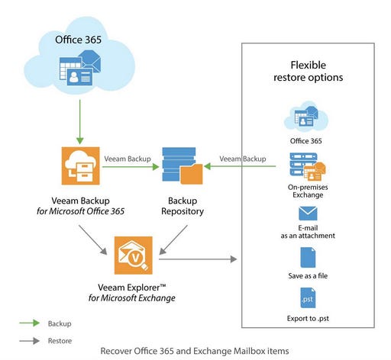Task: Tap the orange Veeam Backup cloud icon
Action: tap(82, 168)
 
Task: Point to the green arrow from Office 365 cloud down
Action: tap(79, 118)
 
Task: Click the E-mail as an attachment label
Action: tap(309, 230)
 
